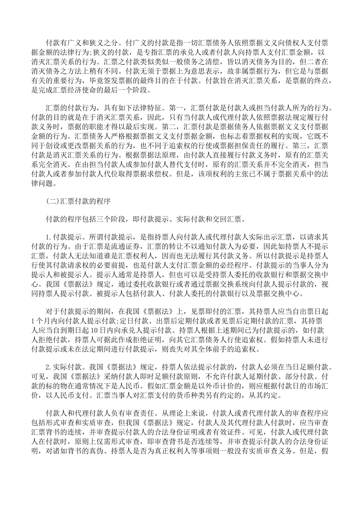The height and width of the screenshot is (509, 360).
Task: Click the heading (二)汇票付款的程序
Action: pos(78,201)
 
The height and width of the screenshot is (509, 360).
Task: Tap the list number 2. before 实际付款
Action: pos(48,367)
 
